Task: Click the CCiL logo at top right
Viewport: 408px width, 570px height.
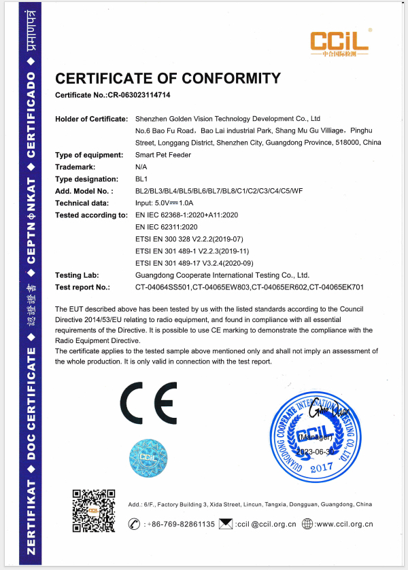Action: [x=339, y=43]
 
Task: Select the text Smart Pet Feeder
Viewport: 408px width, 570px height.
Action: [x=164, y=154]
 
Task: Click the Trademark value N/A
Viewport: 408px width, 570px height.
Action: [x=141, y=166]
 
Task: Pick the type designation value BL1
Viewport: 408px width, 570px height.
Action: [x=141, y=178]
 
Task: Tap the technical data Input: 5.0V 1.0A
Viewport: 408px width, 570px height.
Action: [x=165, y=202]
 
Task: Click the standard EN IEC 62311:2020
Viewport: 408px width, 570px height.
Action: [x=166, y=226]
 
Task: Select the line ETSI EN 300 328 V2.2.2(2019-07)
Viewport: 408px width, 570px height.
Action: [x=184, y=238]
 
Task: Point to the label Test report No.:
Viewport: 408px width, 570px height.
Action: [x=83, y=287]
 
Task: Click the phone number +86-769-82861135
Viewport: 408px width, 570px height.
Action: [x=179, y=524]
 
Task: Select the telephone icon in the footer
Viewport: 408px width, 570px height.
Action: [x=134, y=524]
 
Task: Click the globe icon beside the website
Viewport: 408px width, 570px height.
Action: [x=307, y=524]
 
